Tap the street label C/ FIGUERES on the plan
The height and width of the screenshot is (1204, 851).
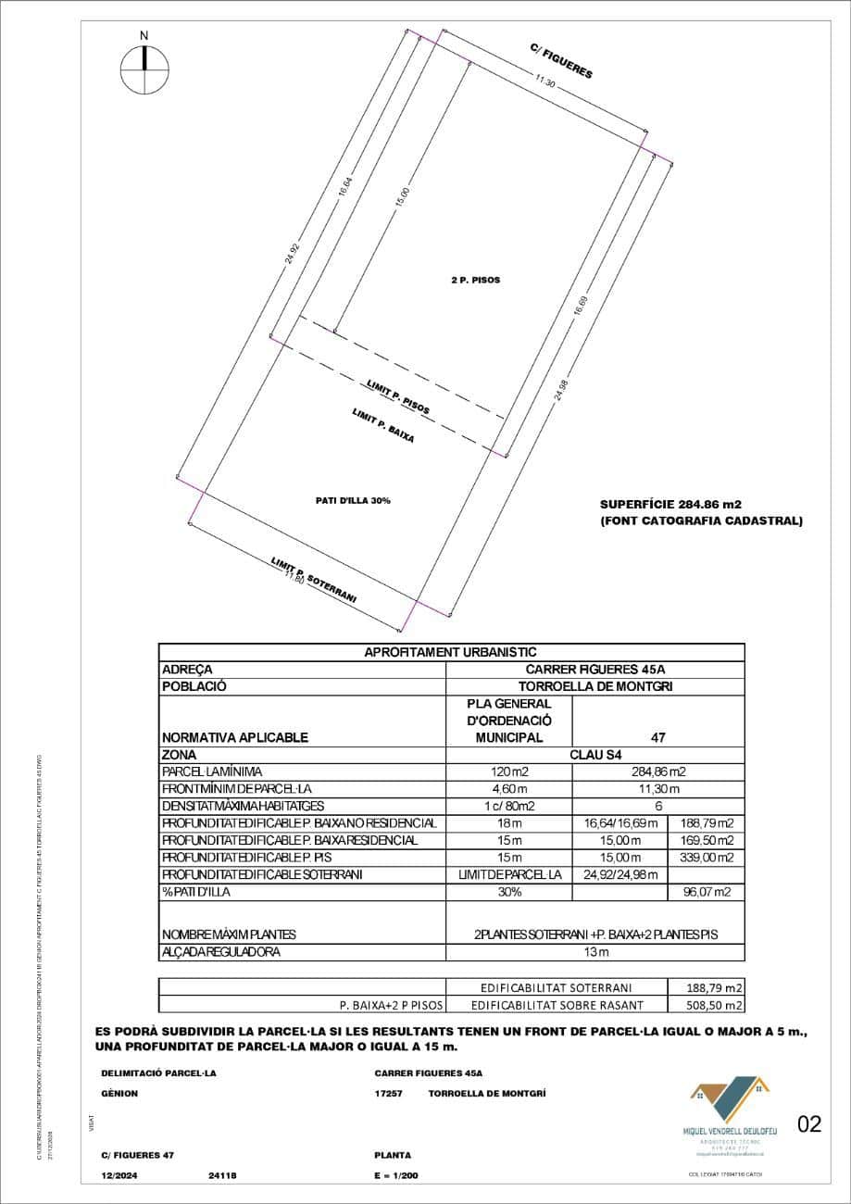(561, 60)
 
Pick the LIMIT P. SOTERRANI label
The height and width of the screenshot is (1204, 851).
(314, 580)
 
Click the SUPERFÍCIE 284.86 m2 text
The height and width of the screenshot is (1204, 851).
(671, 505)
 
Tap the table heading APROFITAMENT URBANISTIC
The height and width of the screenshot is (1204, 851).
(451, 652)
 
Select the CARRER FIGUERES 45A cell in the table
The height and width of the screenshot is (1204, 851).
(595, 670)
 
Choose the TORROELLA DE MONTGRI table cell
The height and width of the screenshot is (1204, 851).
(595, 687)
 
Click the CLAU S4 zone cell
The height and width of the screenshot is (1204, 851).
(595, 755)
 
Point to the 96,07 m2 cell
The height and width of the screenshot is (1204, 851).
(706, 893)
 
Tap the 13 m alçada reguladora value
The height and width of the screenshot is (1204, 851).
(595, 952)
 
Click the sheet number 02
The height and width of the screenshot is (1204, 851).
(808, 1124)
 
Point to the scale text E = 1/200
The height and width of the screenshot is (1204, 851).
(396, 1175)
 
